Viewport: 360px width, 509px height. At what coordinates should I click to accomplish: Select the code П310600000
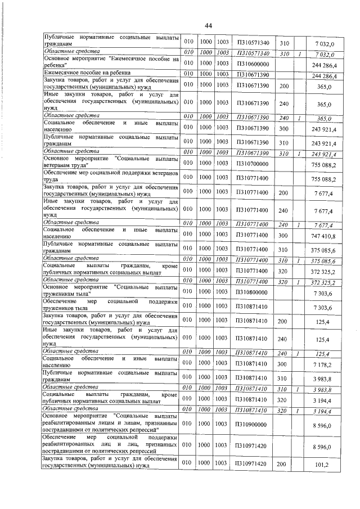253,64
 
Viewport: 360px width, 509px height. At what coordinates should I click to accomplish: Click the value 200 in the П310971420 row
283,465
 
